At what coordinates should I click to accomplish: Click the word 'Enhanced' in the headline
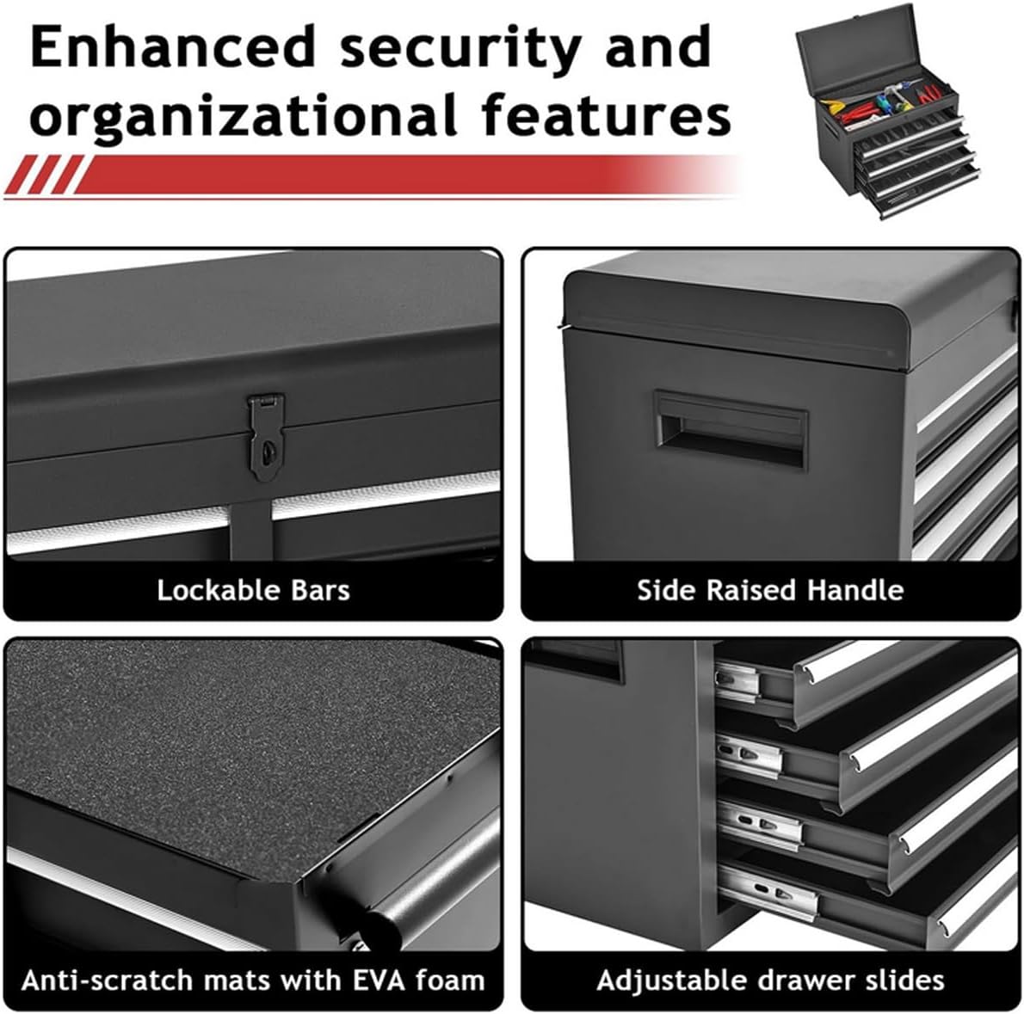[x=173, y=47]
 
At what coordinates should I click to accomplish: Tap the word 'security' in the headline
[x=460, y=49]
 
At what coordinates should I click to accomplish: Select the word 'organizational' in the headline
[x=243, y=116]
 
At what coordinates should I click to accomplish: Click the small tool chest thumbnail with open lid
[x=887, y=111]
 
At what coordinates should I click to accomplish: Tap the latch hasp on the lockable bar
[x=266, y=436]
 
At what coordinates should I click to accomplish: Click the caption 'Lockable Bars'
[x=253, y=591]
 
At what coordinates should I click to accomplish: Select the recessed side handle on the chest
[x=731, y=428]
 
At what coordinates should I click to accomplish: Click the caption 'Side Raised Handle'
[x=771, y=591]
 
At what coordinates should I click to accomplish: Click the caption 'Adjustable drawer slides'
[x=771, y=981]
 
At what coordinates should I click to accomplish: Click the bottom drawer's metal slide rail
[x=768, y=891]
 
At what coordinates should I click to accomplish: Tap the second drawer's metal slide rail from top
[x=749, y=754]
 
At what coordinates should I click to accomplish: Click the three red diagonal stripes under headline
[x=45, y=175]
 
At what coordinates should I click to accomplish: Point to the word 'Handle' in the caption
[x=855, y=591]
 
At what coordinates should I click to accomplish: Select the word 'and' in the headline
[x=657, y=47]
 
